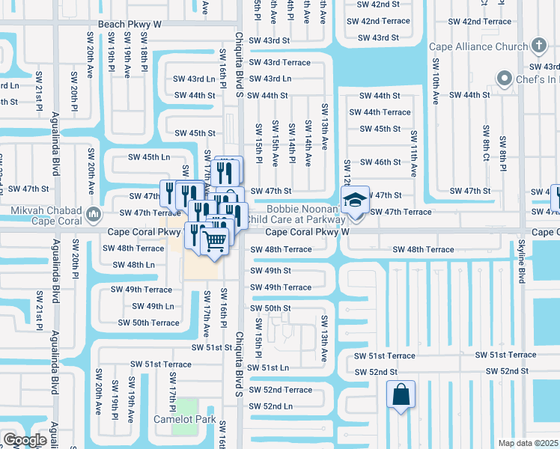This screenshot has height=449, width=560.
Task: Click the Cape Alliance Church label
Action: point(478,46)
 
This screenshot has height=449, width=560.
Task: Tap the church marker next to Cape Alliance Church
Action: point(538,46)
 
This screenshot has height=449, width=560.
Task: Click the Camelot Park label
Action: point(185,419)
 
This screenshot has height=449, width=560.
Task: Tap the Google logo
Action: point(24,440)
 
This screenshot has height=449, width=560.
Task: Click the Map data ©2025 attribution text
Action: point(529,443)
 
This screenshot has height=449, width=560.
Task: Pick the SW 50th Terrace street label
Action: point(149,323)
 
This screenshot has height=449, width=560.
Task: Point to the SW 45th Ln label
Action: point(149,157)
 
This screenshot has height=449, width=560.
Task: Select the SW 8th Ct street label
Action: point(486,143)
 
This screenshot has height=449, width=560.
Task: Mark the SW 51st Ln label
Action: point(269,368)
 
